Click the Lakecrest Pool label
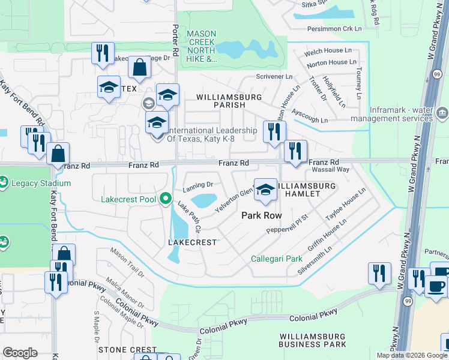tap(128, 199)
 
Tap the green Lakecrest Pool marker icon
tap(165, 199)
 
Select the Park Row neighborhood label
tap(262, 215)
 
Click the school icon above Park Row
tap(264, 190)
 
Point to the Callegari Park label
tap(276, 259)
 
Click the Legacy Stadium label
tap(44, 183)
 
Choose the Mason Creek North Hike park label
tap(202, 46)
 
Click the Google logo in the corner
tap(20, 353)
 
